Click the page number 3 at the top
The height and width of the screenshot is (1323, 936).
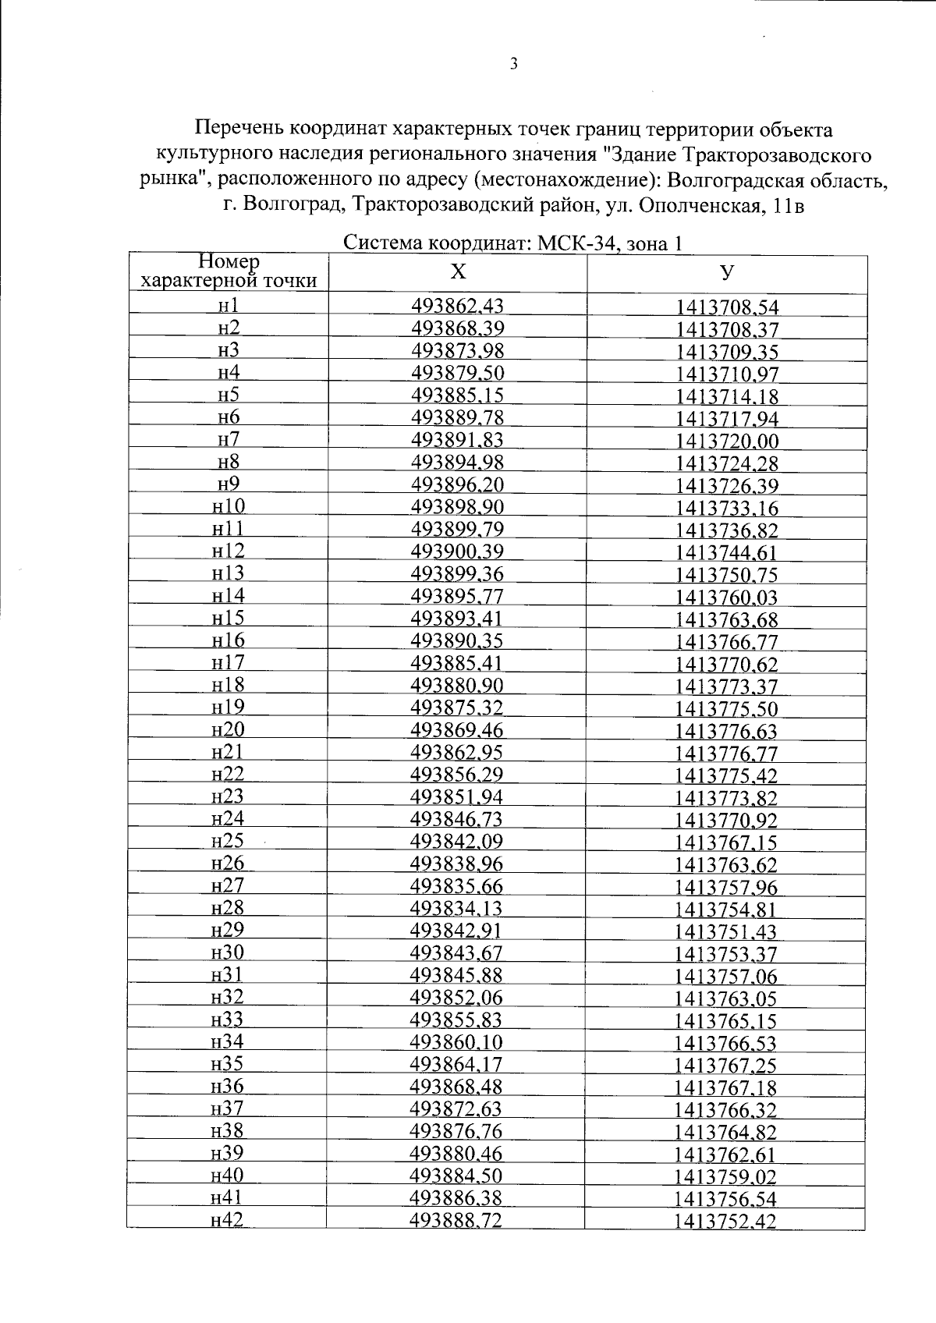tap(513, 65)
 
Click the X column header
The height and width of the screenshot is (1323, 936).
tap(459, 272)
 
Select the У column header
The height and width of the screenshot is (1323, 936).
tap(727, 272)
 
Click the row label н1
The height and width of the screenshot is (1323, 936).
tap(229, 305)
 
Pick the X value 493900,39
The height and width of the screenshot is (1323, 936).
tap(457, 552)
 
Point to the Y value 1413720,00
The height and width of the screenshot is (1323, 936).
tap(727, 442)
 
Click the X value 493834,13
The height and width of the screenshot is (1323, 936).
tap(457, 908)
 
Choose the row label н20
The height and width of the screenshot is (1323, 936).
tap(228, 730)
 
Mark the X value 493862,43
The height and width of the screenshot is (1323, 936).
tap(457, 306)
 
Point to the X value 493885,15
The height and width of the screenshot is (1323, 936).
tap(457, 395)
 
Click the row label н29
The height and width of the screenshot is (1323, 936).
tap(228, 930)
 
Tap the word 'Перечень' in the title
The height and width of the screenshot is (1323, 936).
tap(239, 128)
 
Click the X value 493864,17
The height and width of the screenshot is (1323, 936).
tap(457, 1064)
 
